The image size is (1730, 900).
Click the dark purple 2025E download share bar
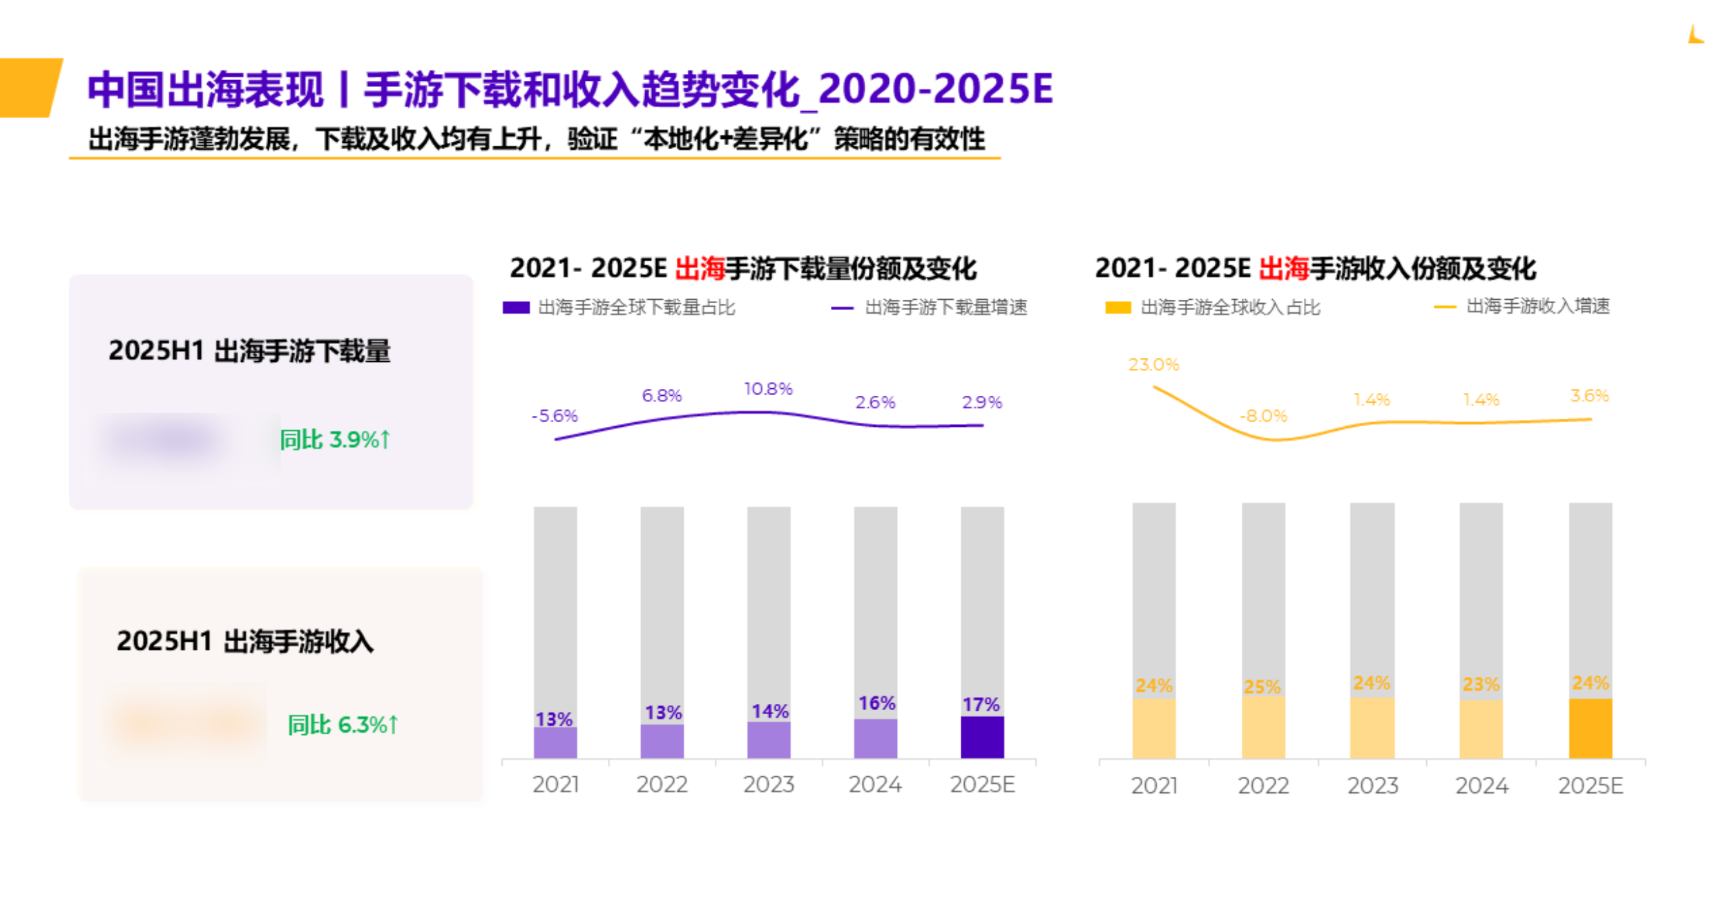[x=982, y=737]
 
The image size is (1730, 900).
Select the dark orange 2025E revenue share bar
[x=1590, y=728]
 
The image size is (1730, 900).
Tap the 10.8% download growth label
[x=768, y=389]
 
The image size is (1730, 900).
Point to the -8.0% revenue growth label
[x=1263, y=416]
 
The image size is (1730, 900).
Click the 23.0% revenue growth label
[x=1153, y=365]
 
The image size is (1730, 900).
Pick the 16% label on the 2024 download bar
[x=876, y=703]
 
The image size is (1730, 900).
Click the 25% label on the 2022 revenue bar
[x=1262, y=687]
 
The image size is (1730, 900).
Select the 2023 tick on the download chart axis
[x=769, y=785]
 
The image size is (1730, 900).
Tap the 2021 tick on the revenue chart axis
[x=1154, y=786]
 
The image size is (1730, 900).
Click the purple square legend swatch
[x=516, y=307]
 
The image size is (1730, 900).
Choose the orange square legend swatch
[x=1117, y=307]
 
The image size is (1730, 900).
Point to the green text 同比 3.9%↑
[x=335, y=439]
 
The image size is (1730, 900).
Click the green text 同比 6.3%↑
[x=343, y=725]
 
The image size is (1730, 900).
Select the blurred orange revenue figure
[x=186, y=723]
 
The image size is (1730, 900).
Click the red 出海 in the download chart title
[x=699, y=268]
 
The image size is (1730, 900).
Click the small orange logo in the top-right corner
[x=1695, y=35]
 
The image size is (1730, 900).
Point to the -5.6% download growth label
[x=554, y=416]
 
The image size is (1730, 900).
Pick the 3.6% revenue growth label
[x=1589, y=396]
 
